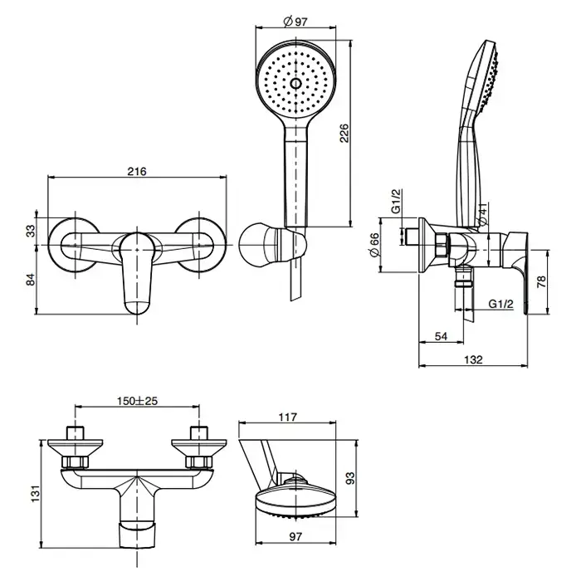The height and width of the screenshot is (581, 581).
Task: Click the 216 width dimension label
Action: point(138,172)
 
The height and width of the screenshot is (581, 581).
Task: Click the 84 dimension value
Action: point(31,280)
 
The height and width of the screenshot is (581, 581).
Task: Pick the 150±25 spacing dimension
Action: point(137,400)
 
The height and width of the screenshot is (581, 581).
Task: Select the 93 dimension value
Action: point(350,479)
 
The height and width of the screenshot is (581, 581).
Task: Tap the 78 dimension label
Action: point(543,281)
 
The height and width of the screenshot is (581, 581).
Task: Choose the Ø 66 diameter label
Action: point(374,246)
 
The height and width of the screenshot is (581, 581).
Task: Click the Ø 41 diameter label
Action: point(484,213)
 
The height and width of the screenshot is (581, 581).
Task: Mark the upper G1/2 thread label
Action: point(398,202)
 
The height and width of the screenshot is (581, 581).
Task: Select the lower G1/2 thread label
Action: point(500,304)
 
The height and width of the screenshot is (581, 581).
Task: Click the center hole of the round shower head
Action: point(296,83)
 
